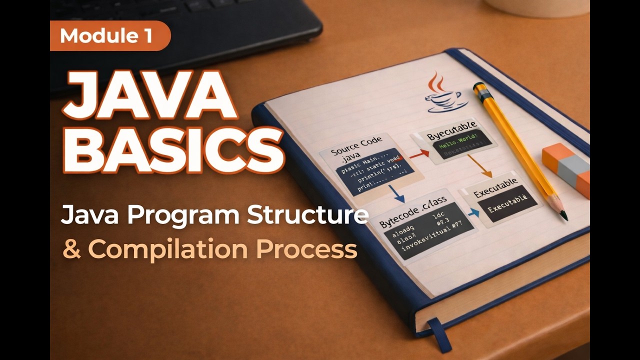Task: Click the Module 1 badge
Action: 110,35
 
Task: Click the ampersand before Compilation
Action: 72,249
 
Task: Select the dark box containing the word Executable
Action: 505,202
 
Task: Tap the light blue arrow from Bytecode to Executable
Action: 472,212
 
